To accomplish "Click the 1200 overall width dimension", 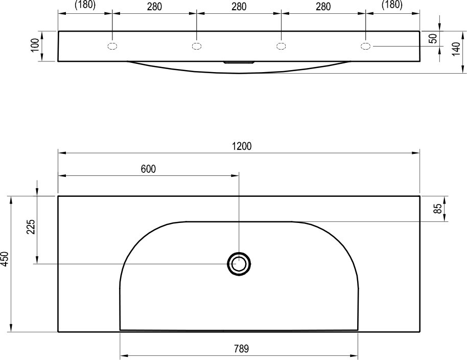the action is tap(242, 146).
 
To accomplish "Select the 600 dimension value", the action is tap(148, 169).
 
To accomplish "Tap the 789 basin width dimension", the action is tap(241, 348).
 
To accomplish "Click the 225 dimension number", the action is tap(31, 227).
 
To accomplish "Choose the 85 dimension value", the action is tap(437, 209).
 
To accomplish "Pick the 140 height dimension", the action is tap(456, 49).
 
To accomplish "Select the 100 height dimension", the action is tap(35, 45).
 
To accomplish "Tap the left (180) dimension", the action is tap(85, 5).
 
